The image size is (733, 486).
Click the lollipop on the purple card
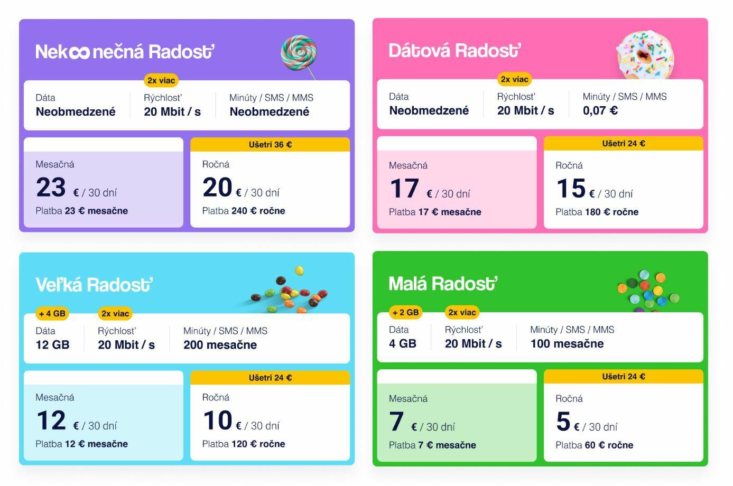coord(299,53)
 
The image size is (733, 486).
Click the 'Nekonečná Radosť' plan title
coord(125,52)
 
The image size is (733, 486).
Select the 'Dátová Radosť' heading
coord(454,51)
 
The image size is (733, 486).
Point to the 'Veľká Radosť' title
coord(94,285)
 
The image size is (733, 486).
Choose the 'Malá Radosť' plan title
coord(443,284)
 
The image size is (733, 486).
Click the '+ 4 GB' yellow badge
coord(52,313)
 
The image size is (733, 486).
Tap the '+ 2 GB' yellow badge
coord(405,312)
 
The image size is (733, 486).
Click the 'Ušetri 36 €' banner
coord(270,145)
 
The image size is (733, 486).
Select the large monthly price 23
coord(51,188)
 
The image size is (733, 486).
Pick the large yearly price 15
coord(571,189)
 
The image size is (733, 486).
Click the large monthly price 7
coord(396,422)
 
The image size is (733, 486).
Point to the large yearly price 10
coord(217,420)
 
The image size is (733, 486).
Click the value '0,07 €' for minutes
coord(600,111)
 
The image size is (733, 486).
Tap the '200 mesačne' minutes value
coord(220,345)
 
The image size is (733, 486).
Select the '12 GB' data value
coord(52,345)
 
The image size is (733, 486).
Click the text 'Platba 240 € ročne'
coord(244,211)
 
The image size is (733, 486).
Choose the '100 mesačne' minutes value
coord(567,344)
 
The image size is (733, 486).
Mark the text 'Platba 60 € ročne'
coord(594,445)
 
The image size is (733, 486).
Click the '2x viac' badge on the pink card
coord(514,79)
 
